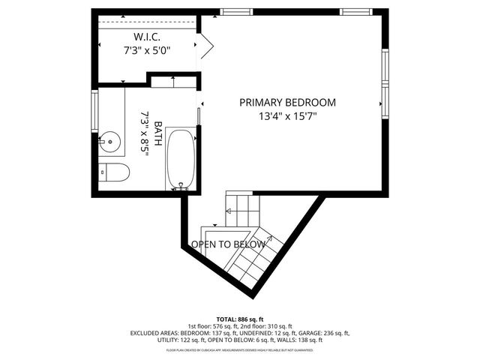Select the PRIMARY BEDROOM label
click(x=288, y=103)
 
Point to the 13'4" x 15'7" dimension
click(x=288, y=116)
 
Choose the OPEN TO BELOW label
click(x=228, y=244)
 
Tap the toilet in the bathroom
click(x=115, y=172)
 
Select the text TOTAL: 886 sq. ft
click(x=239, y=319)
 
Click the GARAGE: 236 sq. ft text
click(x=324, y=332)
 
